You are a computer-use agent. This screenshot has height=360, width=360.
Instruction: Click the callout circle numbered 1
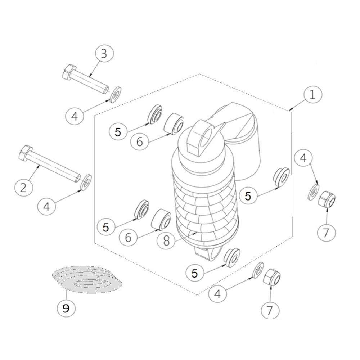point(312,95)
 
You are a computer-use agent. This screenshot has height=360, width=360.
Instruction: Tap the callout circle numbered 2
point(24,188)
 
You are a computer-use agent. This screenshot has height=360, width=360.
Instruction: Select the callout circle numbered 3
point(104,54)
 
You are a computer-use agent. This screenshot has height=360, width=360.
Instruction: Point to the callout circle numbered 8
point(166,240)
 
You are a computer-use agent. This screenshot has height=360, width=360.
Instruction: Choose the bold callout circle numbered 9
point(66,309)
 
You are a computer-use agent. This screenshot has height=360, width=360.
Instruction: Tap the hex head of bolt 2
point(25,153)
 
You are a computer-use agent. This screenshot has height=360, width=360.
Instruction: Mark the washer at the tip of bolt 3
point(116,94)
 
